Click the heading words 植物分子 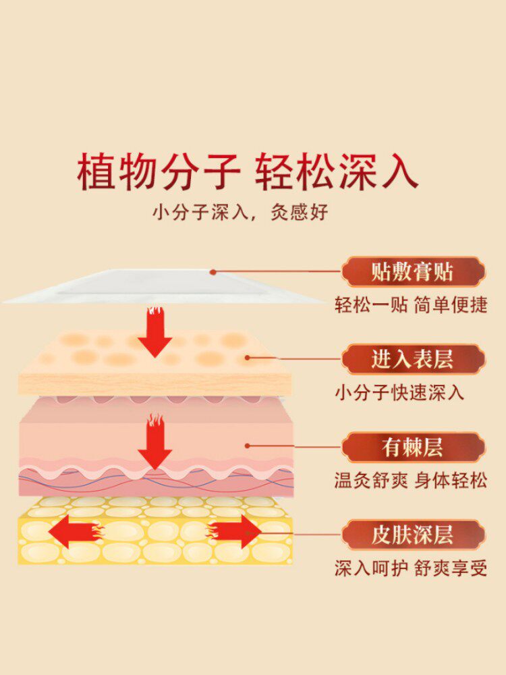click(x=159, y=172)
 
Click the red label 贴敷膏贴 click(x=412, y=273)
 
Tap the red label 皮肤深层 click(x=412, y=535)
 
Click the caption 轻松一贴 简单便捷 click(x=411, y=304)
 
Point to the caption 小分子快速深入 click(x=400, y=392)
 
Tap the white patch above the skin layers click(x=162, y=287)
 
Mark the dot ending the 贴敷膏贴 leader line click(x=213, y=273)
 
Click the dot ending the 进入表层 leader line click(x=248, y=358)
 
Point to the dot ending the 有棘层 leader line click(x=248, y=446)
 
